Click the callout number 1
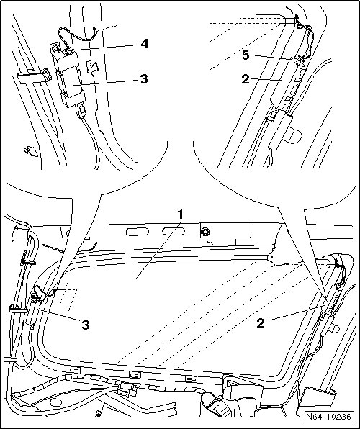(180, 214)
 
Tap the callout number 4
(144, 44)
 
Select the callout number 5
(246, 55)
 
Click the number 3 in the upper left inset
(144, 78)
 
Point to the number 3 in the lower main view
(86, 325)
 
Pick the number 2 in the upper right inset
(246, 79)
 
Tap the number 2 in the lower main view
(261, 323)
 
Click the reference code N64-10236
(328, 417)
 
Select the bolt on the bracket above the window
(204, 232)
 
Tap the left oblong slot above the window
(138, 232)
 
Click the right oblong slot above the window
(174, 231)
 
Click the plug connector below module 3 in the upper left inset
(81, 111)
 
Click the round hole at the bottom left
(56, 402)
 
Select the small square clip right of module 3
(92, 67)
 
